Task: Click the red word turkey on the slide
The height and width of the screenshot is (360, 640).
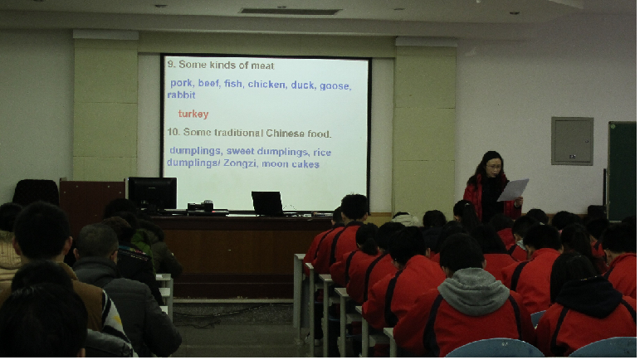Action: coord(193,114)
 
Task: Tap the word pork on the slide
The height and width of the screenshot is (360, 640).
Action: coord(181,83)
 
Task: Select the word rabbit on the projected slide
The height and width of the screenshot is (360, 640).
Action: coord(181,95)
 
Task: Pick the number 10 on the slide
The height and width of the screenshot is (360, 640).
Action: coord(173,132)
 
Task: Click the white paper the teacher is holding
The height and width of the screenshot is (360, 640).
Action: coord(513,190)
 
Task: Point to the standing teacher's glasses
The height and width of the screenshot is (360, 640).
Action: coord(494,167)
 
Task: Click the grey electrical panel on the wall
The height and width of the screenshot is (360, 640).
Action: coord(572,141)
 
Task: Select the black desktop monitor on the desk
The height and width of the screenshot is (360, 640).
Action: coord(152,193)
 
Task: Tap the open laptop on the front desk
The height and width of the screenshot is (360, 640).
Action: coord(267,203)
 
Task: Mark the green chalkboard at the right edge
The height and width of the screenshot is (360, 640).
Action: coord(622,171)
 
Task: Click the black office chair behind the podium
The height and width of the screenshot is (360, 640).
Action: coord(36,192)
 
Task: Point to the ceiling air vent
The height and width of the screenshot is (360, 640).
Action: coord(290,12)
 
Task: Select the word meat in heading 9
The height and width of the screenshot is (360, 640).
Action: coord(262,66)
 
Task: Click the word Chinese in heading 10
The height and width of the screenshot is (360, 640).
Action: coord(285,134)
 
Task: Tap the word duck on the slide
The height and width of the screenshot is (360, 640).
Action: coord(302,85)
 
